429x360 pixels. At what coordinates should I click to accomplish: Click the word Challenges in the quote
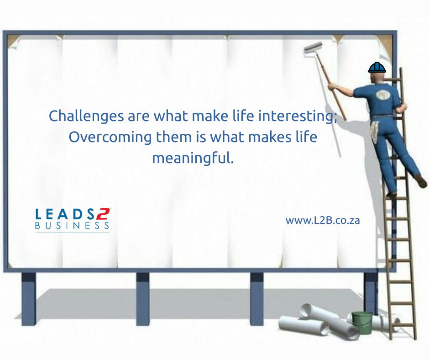tap(86, 116)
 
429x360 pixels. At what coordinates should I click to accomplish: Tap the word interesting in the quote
tap(298, 116)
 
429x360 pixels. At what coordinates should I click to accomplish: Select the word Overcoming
tap(110, 137)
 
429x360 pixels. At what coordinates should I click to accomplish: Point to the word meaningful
tap(193, 158)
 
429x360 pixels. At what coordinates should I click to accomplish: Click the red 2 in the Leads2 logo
tap(103, 214)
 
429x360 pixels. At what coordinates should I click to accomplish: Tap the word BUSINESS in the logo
tap(72, 226)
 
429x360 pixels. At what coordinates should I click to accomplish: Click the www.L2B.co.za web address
tap(323, 221)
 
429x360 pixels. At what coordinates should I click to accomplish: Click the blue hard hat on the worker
tap(377, 68)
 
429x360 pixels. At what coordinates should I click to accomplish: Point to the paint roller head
tap(313, 47)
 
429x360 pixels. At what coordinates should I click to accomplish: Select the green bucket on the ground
tap(362, 323)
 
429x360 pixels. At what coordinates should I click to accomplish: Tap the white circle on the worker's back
tap(382, 95)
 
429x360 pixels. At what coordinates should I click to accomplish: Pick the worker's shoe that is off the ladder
tap(420, 181)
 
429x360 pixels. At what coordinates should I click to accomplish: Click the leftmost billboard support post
tap(29, 299)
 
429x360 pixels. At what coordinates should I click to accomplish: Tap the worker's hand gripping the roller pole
tap(332, 87)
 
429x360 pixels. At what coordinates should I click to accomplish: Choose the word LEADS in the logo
tap(64, 214)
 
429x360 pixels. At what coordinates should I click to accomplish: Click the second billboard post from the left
tap(143, 299)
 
